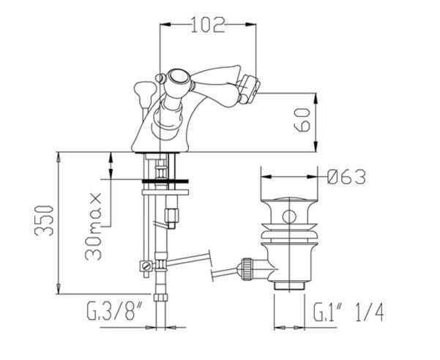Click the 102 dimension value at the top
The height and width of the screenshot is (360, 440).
click(x=208, y=25)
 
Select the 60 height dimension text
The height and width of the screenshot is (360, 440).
click(x=302, y=120)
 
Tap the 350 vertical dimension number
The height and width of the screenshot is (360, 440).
click(x=43, y=221)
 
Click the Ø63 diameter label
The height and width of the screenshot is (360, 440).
click(x=346, y=177)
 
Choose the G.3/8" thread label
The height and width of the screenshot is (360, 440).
click(x=114, y=311)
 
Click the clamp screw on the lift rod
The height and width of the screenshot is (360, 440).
click(x=146, y=265)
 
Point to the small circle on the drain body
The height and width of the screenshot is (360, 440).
click(x=288, y=217)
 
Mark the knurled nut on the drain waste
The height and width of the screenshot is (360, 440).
click(x=247, y=268)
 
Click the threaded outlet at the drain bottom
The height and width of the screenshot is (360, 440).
click(x=289, y=286)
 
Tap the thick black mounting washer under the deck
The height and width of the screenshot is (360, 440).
click(x=165, y=181)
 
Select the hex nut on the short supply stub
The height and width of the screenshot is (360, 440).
click(x=172, y=215)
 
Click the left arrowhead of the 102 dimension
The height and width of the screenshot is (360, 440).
click(x=165, y=25)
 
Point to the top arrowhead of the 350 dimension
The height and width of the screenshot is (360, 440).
click(x=59, y=157)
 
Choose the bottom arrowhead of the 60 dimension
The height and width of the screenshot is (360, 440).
click(x=316, y=146)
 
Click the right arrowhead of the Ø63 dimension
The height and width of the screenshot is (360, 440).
click(x=312, y=177)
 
